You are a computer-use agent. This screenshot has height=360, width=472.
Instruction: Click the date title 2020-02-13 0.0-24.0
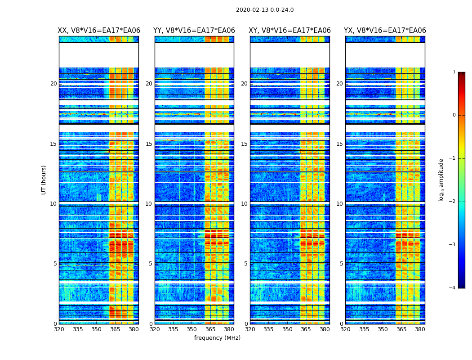click(x=265, y=10)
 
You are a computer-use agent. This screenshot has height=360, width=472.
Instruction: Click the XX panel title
click(x=99, y=31)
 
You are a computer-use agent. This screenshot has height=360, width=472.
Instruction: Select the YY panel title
click(x=194, y=31)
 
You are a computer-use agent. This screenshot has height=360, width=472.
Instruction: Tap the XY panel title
click(x=290, y=31)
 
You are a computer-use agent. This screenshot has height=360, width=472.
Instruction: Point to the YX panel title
click(x=385, y=31)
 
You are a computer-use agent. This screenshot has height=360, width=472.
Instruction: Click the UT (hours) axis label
click(x=44, y=180)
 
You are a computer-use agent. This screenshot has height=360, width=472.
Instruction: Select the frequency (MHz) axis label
click(x=217, y=338)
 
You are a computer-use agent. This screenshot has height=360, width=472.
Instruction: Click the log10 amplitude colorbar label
click(x=441, y=180)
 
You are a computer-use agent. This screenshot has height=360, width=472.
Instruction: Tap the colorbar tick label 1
click(x=454, y=72)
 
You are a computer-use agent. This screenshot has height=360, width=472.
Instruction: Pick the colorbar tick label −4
click(x=453, y=288)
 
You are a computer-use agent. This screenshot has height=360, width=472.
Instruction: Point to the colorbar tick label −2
click(x=453, y=202)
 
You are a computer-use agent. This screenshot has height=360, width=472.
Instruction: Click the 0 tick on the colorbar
click(x=454, y=115)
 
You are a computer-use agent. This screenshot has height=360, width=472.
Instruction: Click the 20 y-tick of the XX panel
click(x=53, y=84)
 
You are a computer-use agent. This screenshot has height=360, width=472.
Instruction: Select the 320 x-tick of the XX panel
click(x=59, y=329)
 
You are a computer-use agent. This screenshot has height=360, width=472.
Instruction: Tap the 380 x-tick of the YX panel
click(x=420, y=329)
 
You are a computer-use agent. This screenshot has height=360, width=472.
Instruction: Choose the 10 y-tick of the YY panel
click(x=149, y=204)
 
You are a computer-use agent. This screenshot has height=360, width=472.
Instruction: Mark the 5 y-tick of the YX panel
click(x=341, y=264)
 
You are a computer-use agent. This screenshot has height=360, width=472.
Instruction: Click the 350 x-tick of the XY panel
click(x=287, y=329)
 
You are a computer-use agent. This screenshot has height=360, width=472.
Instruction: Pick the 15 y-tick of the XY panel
click(x=244, y=144)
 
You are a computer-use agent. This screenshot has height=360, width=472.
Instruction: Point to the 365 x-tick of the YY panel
click(x=210, y=329)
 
